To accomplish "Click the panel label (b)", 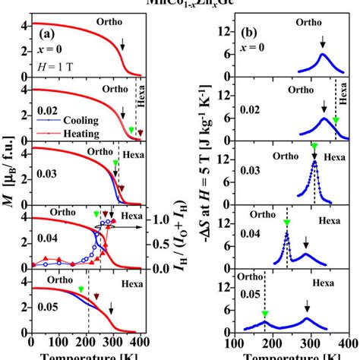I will coord(254,34).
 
